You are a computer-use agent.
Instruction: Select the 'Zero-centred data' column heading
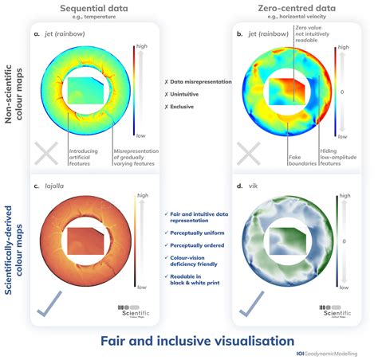click(286, 8)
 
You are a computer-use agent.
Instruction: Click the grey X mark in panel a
click(48, 155)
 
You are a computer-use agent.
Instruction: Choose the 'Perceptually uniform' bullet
click(195, 231)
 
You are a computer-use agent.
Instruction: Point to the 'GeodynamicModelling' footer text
click(339, 353)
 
